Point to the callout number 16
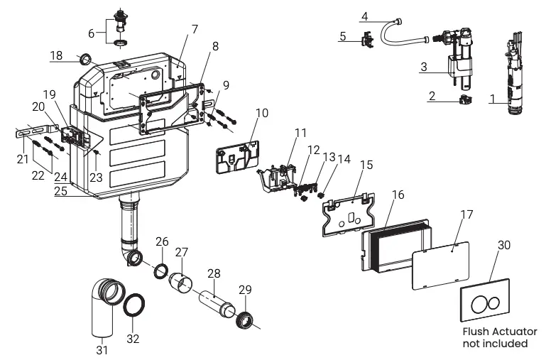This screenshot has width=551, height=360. (x=398, y=195)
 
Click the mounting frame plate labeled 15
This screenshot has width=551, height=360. (x=347, y=211)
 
